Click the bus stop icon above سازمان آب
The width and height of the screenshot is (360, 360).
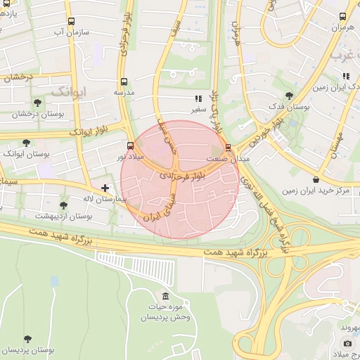[x=71, y=21]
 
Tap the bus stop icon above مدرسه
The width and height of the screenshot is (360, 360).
[x=124, y=81]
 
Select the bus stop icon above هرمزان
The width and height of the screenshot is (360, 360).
[x=343, y=16]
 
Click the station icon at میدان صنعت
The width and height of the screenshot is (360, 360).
[x=229, y=147]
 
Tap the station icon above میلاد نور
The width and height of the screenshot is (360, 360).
[x=130, y=146]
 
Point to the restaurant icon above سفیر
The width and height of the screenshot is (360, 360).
[x=199, y=99]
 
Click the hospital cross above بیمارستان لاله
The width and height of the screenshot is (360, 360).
[x=105, y=188]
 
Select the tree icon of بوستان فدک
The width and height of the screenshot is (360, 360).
[x=289, y=96]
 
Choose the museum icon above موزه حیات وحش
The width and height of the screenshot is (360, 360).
[x=165, y=295]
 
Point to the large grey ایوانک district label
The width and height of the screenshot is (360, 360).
[x=69, y=91]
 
